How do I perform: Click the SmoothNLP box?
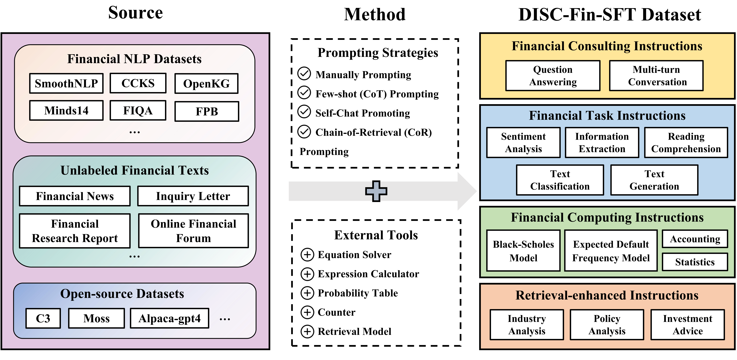point(66,83)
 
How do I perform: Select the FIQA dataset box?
point(138,110)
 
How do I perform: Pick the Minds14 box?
point(66,110)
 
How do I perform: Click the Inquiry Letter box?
point(193,196)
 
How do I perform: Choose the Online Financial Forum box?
point(193,231)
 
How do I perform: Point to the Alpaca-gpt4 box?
point(169,318)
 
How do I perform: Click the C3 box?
point(43,318)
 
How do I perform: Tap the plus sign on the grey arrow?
point(376,191)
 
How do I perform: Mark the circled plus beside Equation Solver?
point(307,254)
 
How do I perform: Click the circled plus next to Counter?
point(307,312)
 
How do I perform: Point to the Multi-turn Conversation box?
point(656,76)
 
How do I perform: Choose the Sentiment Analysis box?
point(523,142)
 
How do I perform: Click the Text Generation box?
point(654,180)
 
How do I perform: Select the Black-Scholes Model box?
point(523,251)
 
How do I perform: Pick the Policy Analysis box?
point(607,324)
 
